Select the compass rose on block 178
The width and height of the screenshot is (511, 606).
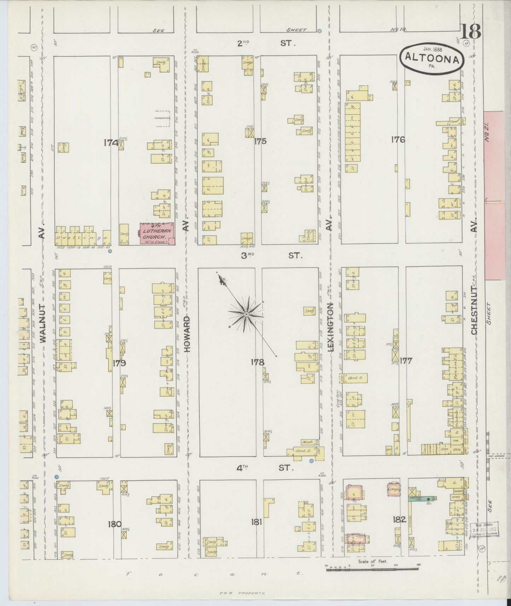click(x=246, y=314)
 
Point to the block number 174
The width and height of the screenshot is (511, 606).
click(x=111, y=143)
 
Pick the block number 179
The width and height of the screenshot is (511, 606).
click(x=120, y=363)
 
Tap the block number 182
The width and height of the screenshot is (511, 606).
click(x=399, y=520)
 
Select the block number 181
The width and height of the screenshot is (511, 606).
click(x=256, y=521)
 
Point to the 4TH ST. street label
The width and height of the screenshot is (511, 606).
click(x=265, y=468)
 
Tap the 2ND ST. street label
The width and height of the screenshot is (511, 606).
click(x=266, y=43)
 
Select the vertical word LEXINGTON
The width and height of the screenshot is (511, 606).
click(x=331, y=326)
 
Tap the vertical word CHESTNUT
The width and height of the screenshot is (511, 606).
click(x=474, y=310)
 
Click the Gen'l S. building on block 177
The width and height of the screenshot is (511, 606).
click(x=354, y=378)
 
